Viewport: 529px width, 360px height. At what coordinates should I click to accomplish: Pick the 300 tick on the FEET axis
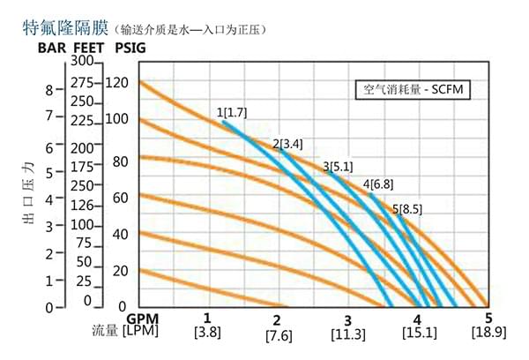pyautogui.click(x=82, y=62)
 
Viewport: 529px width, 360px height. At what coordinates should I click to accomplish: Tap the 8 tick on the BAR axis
pyautogui.click(x=49, y=89)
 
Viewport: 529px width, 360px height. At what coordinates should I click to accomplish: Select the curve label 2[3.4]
pyautogui.click(x=287, y=143)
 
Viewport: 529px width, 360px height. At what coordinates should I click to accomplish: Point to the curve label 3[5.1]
pyautogui.click(x=338, y=165)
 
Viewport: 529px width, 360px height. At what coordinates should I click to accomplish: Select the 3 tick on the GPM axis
pyautogui.click(x=347, y=319)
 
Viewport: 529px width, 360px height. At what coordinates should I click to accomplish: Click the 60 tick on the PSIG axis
pyautogui.click(x=119, y=197)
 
